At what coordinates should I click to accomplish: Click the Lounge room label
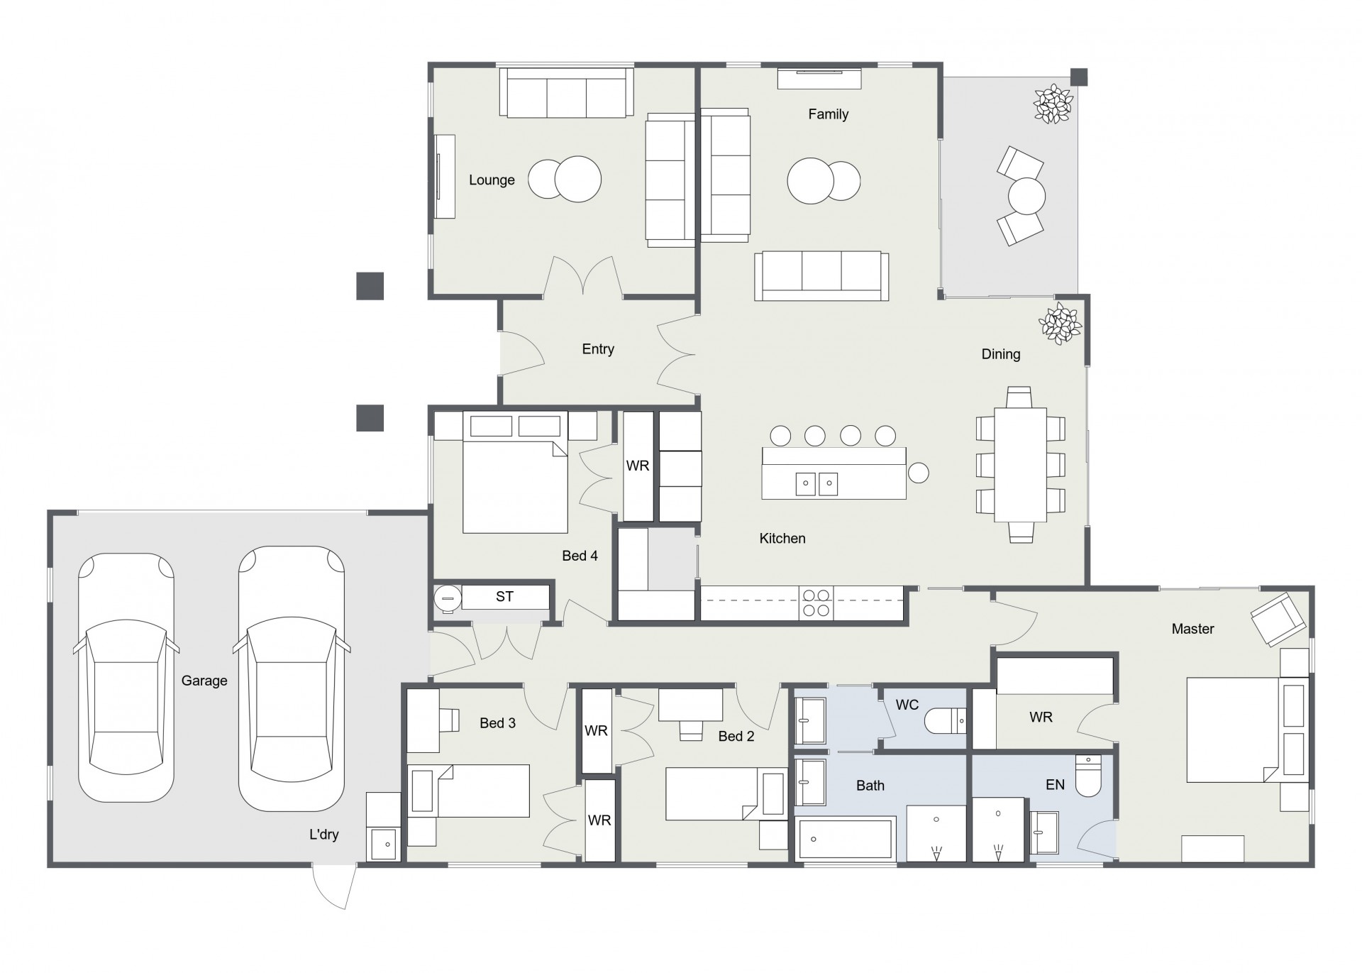[492, 180]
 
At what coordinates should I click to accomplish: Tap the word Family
[828, 114]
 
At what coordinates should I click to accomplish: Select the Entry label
[598, 349]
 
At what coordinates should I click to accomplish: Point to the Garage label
[204, 681]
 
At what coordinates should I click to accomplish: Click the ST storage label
[504, 597]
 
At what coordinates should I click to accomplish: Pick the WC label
[907, 705]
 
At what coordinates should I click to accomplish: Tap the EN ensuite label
[1056, 784]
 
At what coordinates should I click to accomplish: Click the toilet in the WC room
[945, 721]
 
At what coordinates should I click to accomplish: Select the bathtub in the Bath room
[845, 840]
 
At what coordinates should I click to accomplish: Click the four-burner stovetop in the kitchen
[816, 603]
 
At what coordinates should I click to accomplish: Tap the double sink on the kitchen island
[816, 483]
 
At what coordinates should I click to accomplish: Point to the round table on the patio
[1026, 195]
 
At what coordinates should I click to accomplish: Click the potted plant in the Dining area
[1060, 324]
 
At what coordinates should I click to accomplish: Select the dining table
[1020, 464]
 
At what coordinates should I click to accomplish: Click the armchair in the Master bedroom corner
[1278, 619]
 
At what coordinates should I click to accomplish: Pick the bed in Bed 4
[515, 472]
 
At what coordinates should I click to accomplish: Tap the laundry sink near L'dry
[383, 844]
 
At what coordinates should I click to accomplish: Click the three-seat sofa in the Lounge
[566, 93]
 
